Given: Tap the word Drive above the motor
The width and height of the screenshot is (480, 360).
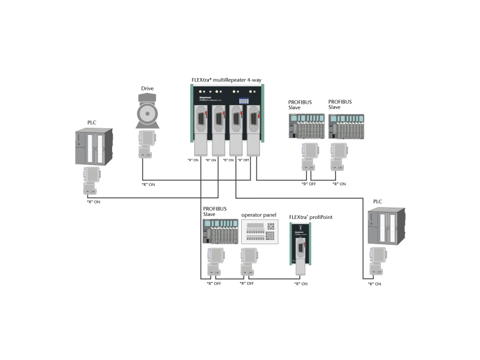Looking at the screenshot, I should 147,89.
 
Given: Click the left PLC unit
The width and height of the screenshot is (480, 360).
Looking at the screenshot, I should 91,147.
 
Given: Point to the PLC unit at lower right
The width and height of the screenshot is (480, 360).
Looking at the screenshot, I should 385,227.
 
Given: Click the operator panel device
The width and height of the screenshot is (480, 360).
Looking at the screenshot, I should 260,232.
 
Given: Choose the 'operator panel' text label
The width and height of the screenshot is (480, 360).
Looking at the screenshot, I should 259,215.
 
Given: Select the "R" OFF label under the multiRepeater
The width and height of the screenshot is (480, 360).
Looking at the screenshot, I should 243,160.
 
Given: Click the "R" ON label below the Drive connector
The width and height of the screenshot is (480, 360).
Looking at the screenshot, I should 148,184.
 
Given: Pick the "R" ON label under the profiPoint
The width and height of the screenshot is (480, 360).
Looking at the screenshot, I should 301,283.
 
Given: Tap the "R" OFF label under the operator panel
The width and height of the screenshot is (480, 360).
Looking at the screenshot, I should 247,283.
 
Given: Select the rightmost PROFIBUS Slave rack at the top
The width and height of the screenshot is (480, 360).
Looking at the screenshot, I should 346,127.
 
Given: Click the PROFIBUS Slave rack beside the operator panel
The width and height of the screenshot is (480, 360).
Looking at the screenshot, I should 220,232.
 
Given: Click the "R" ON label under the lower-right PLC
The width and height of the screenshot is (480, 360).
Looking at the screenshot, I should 374,283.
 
